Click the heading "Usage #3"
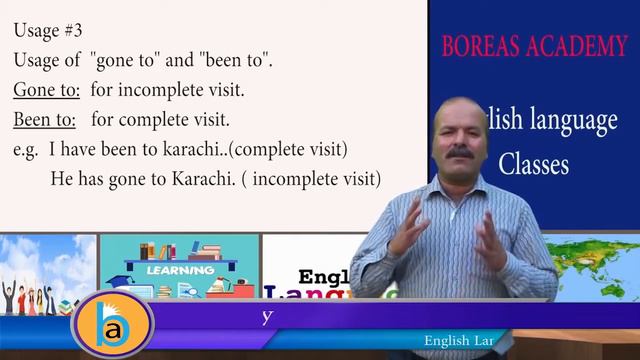(x=49, y=32)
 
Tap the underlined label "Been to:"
(x=47, y=121)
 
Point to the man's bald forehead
(x=463, y=108)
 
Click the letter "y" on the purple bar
(x=267, y=316)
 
